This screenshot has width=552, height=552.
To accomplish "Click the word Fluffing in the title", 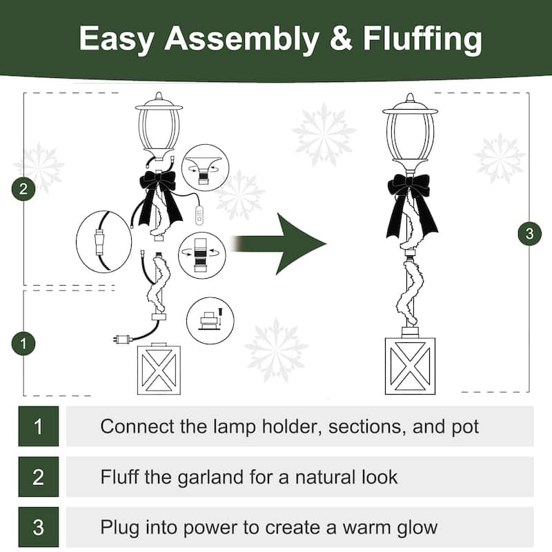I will pyautogui.click(x=414, y=39).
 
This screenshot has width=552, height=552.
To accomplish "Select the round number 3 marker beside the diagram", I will pyautogui.click(x=529, y=234).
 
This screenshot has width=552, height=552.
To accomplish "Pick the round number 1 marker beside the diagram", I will pyautogui.click(x=23, y=343).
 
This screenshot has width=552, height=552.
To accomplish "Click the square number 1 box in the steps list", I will pyautogui.click(x=39, y=426).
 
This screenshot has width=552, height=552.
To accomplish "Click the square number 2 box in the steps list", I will pyautogui.click(x=39, y=477).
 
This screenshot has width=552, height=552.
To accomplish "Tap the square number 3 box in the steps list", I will pyautogui.click(x=39, y=528).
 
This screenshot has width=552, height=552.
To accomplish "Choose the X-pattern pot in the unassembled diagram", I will pyautogui.click(x=160, y=368).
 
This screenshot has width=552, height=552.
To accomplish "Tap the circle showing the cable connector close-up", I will pyautogui.click(x=103, y=241).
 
